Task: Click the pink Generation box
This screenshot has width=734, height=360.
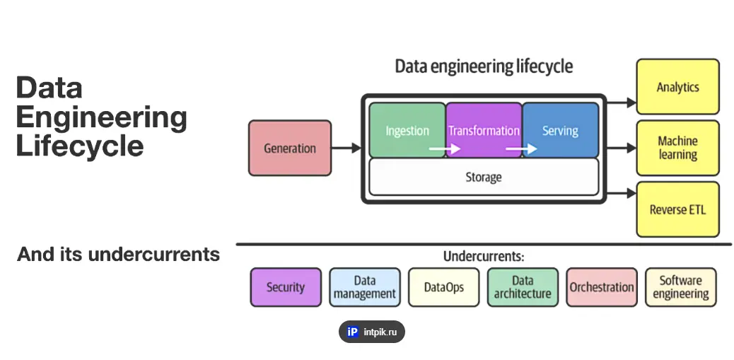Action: click(290, 148)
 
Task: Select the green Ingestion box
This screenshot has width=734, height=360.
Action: click(407, 130)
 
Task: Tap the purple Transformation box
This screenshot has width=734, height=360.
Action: click(484, 130)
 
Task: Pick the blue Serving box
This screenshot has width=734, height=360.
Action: click(560, 130)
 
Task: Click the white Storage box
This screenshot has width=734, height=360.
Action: click(484, 176)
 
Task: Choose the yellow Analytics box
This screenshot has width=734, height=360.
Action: click(677, 87)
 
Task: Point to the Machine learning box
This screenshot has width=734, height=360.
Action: click(677, 148)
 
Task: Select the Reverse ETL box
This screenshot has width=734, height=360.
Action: click(677, 209)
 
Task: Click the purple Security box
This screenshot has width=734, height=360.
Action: click(286, 287)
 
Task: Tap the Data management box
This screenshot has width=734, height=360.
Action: click(365, 287)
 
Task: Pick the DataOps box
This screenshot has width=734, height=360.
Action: click(444, 287)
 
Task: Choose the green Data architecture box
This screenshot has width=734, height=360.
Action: click(523, 287)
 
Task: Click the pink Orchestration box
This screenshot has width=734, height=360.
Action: click(602, 287)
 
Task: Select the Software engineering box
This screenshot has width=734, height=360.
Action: click(680, 287)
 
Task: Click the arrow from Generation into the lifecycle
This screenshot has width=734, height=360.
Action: click(346, 149)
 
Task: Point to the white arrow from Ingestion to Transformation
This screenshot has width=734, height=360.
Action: click(445, 149)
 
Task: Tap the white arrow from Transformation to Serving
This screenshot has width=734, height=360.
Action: click(521, 149)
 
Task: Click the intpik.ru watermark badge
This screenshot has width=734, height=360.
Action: click(372, 332)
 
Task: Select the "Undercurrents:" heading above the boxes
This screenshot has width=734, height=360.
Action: click(484, 256)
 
